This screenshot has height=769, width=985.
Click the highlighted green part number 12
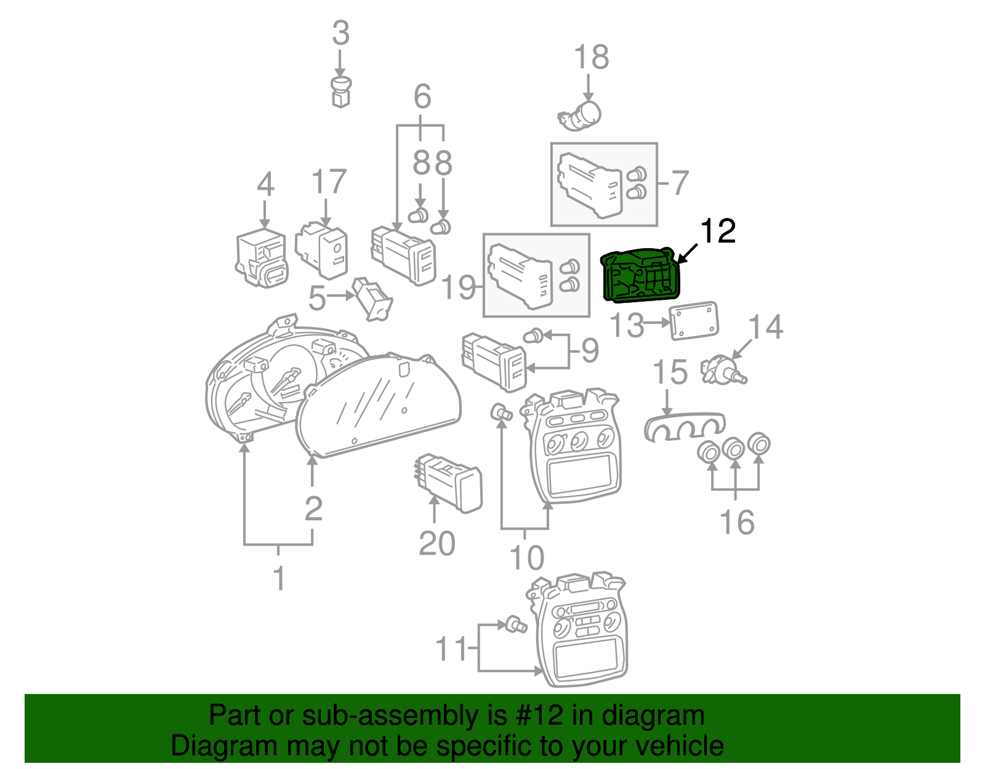[640, 277]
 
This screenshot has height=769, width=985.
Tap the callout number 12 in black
[717, 232]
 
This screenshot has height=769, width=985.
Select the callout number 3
[340, 33]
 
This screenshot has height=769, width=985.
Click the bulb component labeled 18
[581, 115]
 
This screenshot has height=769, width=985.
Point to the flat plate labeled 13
[694, 320]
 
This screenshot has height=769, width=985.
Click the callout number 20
[436, 544]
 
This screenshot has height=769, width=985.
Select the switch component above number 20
[449, 481]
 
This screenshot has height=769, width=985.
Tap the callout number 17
[329, 182]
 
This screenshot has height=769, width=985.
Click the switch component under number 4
[262, 257]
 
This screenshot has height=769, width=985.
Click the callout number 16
[736, 522]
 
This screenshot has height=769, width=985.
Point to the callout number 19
[459, 287]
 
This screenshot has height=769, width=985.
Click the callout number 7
[679, 183]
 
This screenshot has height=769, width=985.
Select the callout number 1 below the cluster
[279, 578]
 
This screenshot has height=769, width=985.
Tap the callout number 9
[589, 350]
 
